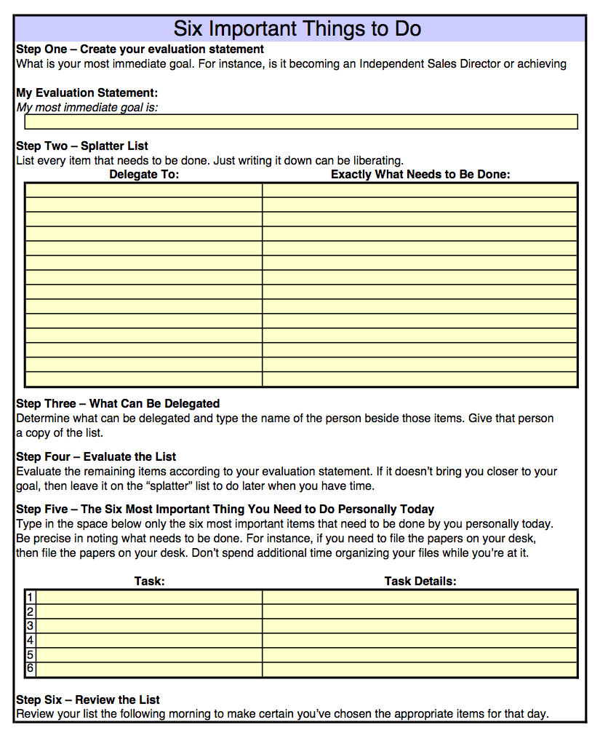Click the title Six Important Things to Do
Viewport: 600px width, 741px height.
pos(297,29)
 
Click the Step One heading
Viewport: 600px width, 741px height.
pos(140,49)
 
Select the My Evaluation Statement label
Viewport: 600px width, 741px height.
pos(87,93)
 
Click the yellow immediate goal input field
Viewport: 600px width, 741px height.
pos(301,122)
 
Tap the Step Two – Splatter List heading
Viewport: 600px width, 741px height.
pos(82,146)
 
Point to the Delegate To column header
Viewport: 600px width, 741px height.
pos(144,175)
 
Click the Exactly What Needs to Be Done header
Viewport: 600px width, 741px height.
pos(420,175)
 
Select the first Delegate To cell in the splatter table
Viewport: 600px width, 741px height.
pos(144,190)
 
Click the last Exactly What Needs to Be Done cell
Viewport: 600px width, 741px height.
pos(420,379)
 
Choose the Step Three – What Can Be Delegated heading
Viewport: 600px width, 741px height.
pos(118,403)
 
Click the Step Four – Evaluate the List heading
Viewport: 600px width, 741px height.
pos(96,456)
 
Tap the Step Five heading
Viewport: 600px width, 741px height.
pos(225,509)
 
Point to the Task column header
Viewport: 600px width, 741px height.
pos(150,581)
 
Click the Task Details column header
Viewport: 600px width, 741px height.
pos(420,581)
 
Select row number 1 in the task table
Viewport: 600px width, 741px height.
pos(31,597)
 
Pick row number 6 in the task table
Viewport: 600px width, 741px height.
pos(31,668)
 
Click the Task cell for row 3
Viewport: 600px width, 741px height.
pos(149,626)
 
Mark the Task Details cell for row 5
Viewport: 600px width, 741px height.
pos(420,654)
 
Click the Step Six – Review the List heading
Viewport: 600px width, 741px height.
pos(88,700)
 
